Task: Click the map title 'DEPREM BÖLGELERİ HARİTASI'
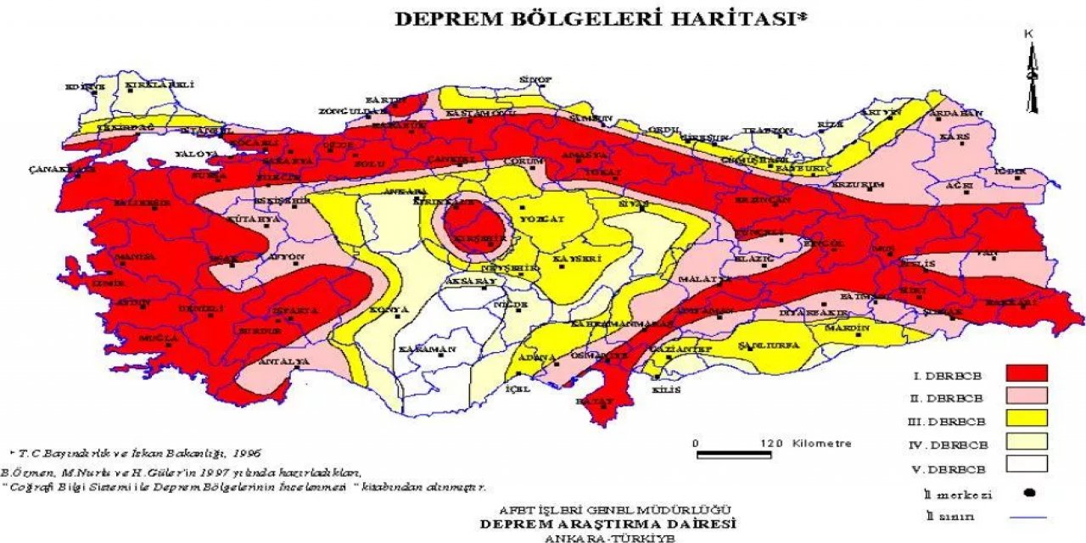tap(600, 20)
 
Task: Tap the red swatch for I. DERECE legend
tap(1027, 372)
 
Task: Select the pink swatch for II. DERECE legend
tap(1027, 395)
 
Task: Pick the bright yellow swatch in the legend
tap(1027, 418)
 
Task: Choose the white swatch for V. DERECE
tap(1027, 464)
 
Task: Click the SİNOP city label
tap(535, 80)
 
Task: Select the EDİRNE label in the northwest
tap(85, 87)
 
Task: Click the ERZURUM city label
tap(863, 185)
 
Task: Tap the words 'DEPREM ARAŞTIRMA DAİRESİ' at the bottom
tap(608, 523)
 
